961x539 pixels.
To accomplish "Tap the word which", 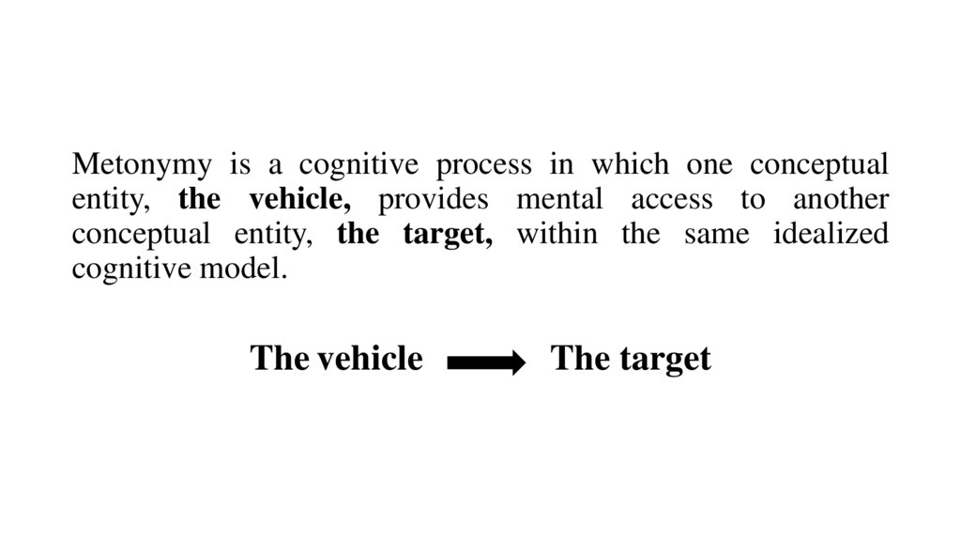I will point(622,166).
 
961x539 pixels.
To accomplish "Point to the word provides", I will point(435,200).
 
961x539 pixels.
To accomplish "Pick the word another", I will point(840,200).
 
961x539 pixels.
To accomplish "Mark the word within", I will point(556,234).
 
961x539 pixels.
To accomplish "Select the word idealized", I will point(831,234).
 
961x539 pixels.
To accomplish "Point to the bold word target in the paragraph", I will point(448,234).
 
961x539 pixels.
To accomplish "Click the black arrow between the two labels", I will point(486,361).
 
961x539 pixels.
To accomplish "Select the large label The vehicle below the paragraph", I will point(336,358).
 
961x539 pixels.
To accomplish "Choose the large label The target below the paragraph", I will point(631,358).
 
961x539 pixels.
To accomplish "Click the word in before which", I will point(561,166).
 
